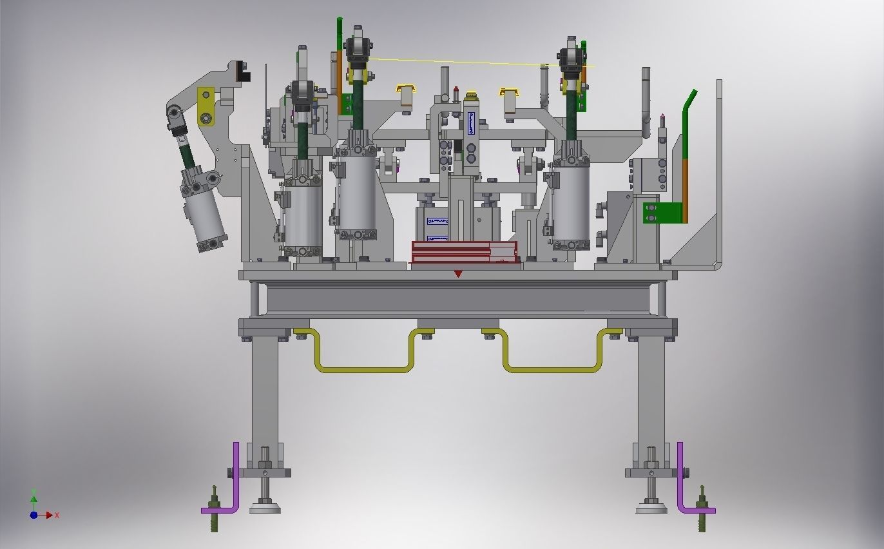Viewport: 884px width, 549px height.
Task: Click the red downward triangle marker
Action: pyautogui.click(x=458, y=274)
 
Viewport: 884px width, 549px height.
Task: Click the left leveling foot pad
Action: pyautogui.click(x=265, y=508)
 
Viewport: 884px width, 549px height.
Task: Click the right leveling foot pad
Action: pyautogui.click(x=651, y=508)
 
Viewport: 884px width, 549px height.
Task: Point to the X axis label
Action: pyautogui.click(x=57, y=515)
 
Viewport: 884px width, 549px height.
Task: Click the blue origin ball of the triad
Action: pyautogui.click(x=34, y=515)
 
